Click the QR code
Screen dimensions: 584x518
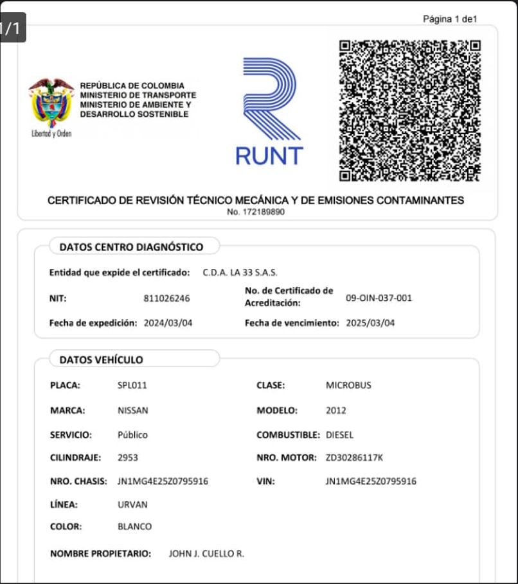tap(410, 110)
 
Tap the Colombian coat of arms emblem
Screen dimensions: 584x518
tap(51, 103)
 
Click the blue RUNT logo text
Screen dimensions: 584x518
tap(269, 155)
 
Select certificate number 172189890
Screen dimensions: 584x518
tap(256, 212)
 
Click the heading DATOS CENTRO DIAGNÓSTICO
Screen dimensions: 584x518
tap(131, 247)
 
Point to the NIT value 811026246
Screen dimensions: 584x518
tap(166, 298)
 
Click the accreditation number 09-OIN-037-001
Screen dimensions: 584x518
tap(379, 298)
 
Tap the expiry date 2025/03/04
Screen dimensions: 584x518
tap(370, 323)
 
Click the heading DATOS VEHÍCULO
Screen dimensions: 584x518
tap(101, 360)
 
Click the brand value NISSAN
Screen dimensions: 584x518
tap(132, 410)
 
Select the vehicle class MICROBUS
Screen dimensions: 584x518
tap(348, 386)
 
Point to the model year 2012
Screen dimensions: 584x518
tap(335, 410)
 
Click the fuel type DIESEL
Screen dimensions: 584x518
tap(339, 434)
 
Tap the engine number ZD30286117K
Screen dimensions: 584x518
tap(354, 458)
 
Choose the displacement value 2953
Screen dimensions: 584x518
tap(128, 458)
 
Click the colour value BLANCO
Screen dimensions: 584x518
tap(135, 527)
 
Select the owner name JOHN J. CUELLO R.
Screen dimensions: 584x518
tap(206, 554)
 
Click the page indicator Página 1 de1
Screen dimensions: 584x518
tap(449, 19)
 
